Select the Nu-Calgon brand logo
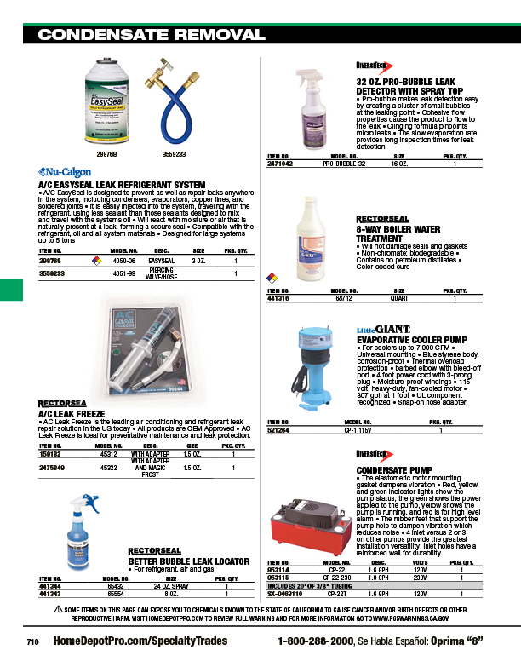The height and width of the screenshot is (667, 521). point(62,170)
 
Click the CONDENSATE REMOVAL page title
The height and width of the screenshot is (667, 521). point(152,35)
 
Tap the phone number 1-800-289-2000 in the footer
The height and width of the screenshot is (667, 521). point(325,641)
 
